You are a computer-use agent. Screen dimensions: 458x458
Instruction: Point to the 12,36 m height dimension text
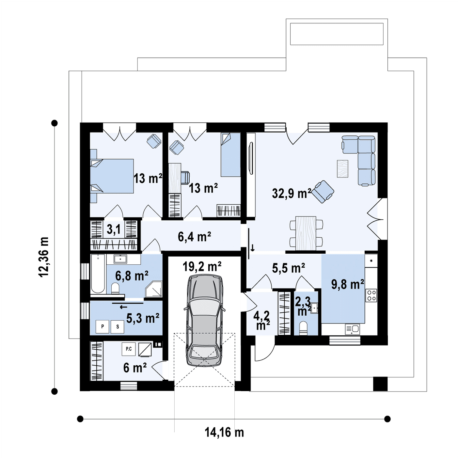(x=44, y=257)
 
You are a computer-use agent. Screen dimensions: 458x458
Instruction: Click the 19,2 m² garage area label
(x=202, y=266)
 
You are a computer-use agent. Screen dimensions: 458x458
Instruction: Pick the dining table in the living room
(x=306, y=233)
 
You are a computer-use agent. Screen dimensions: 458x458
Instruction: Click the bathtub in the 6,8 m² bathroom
(x=98, y=274)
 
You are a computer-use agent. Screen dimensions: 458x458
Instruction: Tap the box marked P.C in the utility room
(x=129, y=349)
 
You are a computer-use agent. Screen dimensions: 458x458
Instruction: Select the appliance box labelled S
(x=118, y=326)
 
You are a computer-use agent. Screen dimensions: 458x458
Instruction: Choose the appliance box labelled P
(x=103, y=326)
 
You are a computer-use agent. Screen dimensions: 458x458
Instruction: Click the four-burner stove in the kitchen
(x=371, y=295)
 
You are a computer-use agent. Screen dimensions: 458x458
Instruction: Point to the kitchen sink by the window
(x=352, y=329)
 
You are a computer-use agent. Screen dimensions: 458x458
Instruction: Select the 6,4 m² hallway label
(x=195, y=237)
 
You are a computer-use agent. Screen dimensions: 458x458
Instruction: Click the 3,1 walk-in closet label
(x=114, y=229)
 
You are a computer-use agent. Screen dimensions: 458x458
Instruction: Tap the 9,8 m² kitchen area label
(x=347, y=284)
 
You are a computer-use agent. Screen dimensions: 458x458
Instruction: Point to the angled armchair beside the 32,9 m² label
(x=323, y=192)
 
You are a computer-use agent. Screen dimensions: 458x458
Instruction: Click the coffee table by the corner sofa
(x=342, y=169)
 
